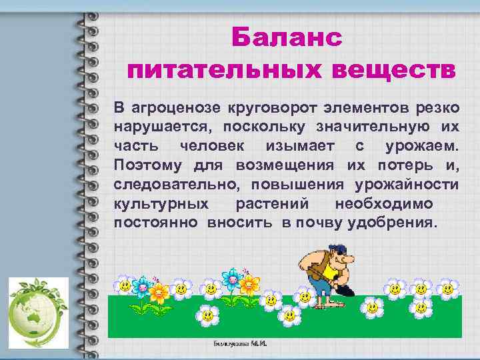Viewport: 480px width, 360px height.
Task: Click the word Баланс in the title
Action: pos(287,39)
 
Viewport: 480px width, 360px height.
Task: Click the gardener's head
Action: pos(339,254)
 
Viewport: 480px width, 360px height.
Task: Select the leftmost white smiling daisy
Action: pos(124,286)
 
